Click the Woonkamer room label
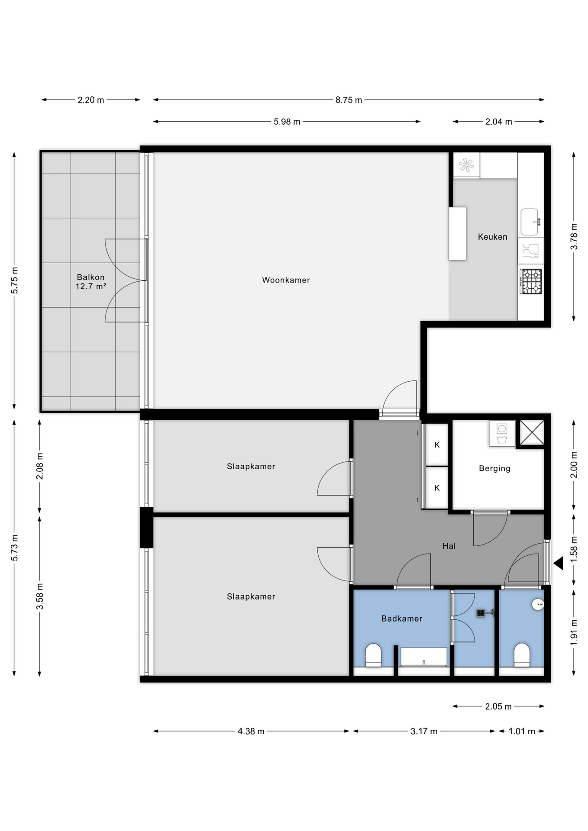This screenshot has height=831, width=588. click(x=286, y=280)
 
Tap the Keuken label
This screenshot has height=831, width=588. click(x=492, y=237)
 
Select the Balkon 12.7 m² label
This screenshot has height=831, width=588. click(x=91, y=281)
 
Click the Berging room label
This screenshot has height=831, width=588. click(x=494, y=468)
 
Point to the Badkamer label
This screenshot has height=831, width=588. click(x=402, y=618)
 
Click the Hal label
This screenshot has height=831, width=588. click(x=449, y=546)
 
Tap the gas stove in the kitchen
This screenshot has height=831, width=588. click(x=531, y=281)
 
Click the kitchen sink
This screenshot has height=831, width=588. click(x=530, y=222)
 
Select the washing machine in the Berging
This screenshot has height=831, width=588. click(x=502, y=433)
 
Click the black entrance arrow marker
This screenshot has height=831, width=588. click(x=559, y=563)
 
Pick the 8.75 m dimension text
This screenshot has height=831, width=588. click(x=349, y=100)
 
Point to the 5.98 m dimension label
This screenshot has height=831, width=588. click(x=287, y=122)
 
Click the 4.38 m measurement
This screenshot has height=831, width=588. click(x=251, y=731)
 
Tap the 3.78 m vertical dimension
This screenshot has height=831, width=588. click(x=574, y=236)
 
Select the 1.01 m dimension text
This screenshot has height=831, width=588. click(x=521, y=731)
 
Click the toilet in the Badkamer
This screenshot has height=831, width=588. click(x=373, y=655)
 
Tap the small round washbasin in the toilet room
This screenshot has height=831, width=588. click(x=538, y=604)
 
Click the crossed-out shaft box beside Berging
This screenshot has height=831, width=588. click(x=532, y=432)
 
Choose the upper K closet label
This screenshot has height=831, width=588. click(x=437, y=444)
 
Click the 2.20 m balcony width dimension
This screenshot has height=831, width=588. click(x=90, y=100)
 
